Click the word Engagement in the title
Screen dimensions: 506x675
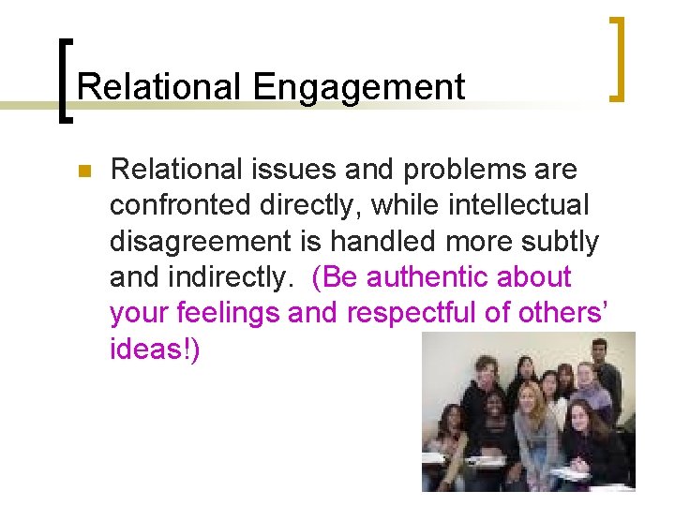coord(359,87)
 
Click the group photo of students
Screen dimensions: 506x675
coord(528,411)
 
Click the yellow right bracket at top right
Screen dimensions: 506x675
coord(618,57)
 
